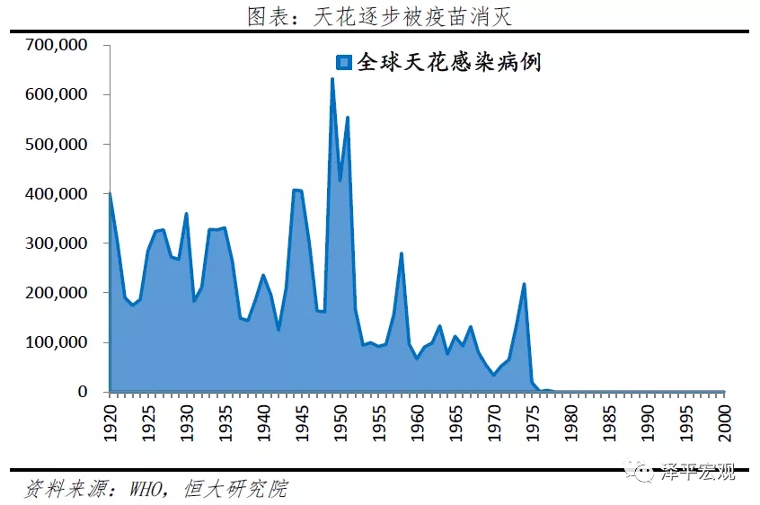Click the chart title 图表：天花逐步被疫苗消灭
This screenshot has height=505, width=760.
pos(379,15)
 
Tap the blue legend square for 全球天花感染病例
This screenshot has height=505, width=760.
pos(342,62)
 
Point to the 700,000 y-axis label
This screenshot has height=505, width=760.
pos(56,45)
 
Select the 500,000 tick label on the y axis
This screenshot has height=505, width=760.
pos(56,144)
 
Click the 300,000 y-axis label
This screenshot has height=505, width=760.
pos(56,244)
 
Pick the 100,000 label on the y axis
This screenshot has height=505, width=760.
pos(56,342)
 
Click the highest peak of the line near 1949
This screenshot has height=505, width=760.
pos(332,79)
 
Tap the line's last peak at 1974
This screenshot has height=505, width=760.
pos(524,285)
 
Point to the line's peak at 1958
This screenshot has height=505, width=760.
pos(402,253)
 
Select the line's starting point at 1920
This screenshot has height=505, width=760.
pos(110,193)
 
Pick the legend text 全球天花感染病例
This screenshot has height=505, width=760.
pos(449,62)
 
